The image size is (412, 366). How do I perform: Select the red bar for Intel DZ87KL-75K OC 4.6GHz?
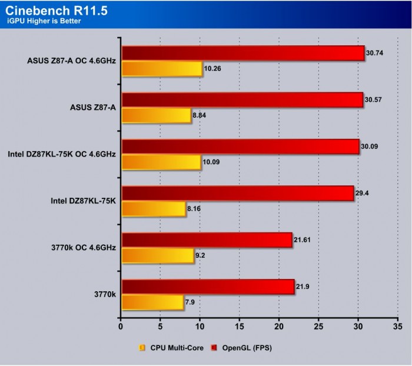point(240,146)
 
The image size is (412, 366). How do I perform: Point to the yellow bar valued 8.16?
point(153,208)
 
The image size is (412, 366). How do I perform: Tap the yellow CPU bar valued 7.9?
point(152,302)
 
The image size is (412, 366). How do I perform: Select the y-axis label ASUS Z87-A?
point(93,108)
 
